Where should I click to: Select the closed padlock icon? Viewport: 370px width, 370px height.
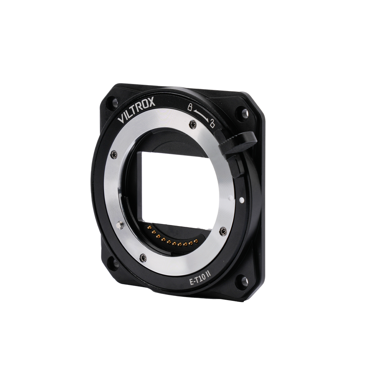click(189, 107)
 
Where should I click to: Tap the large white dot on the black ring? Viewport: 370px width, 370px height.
click(241, 200)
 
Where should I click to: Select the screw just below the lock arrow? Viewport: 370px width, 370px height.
click(193, 124)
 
